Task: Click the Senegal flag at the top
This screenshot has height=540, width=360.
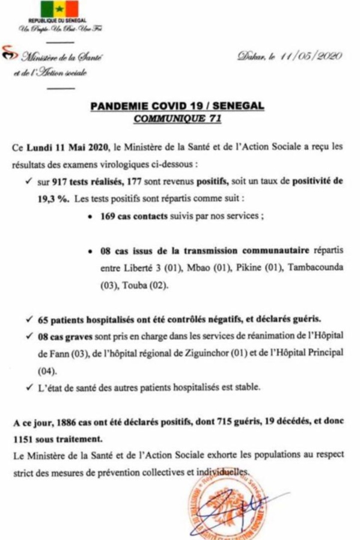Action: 59,9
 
